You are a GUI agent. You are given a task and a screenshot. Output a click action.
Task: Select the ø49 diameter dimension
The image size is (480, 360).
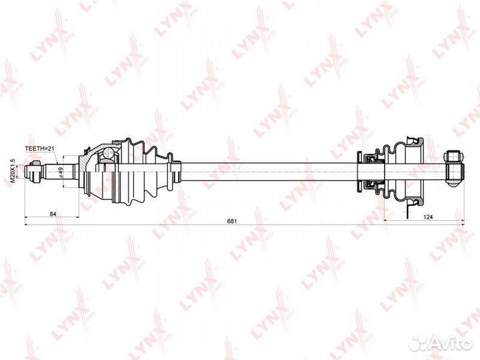[61, 172]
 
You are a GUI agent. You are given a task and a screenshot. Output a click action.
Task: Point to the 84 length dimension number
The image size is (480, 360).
[51, 213]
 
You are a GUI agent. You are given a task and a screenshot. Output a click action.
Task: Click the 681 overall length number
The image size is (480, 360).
[232, 220]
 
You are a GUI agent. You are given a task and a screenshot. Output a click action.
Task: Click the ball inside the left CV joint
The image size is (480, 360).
[107, 155]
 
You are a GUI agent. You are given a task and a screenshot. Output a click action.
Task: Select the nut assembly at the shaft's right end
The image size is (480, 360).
[453, 167]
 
